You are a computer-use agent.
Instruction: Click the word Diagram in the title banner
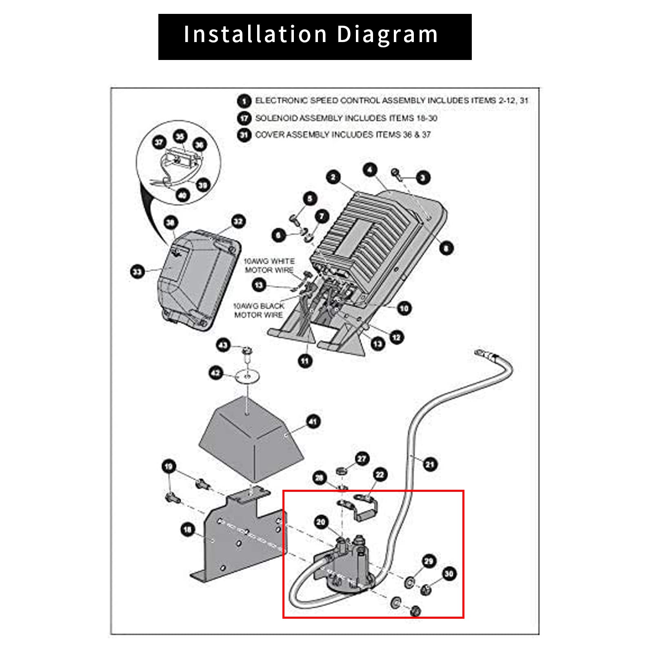pos(387,34)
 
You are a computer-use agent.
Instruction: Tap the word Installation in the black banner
pos(255,34)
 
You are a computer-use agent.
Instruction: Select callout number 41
pos(313,422)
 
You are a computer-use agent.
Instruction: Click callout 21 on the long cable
pos(430,464)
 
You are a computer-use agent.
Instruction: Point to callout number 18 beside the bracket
pos(187,530)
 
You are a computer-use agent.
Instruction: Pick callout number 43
pos(223,345)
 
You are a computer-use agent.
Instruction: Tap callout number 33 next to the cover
pos(137,271)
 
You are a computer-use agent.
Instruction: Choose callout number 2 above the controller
pos(333,177)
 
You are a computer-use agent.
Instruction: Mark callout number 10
pos(404,308)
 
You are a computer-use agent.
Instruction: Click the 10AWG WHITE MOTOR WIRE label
pos(269,265)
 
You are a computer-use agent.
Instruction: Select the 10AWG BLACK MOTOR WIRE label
pos(258,310)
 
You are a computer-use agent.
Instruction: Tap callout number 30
pos(449,574)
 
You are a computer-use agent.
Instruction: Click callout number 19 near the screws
pos(169,466)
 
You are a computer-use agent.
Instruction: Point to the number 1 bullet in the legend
pos(244,101)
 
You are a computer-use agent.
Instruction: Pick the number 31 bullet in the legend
pos(244,135)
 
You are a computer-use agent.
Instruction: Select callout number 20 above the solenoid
pos(321,522)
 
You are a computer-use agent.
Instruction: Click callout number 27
pos(362,459)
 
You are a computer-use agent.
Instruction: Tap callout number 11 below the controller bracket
pos(305,361)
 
